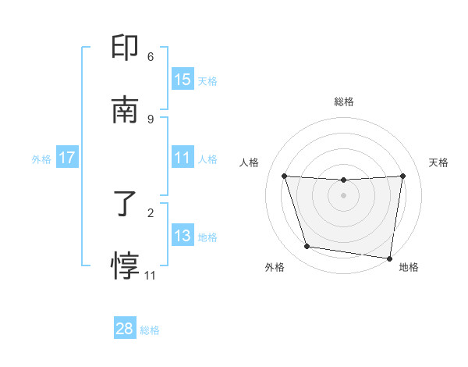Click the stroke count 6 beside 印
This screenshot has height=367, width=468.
151,57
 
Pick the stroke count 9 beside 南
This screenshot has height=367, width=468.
151,119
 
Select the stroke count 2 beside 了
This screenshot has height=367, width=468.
151,212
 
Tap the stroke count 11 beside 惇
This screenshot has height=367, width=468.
151,275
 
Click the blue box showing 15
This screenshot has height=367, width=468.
183,80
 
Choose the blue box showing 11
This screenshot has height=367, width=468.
183,158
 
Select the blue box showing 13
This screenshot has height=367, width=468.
183,236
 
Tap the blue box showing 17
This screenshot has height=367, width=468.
67,158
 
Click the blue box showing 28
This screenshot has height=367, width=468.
125,329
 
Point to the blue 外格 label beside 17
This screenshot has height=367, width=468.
41,159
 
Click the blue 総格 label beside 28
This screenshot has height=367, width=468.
150,330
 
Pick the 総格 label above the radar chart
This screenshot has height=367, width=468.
343,102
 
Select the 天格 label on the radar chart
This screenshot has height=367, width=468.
438,162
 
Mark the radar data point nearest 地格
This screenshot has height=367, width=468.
390,258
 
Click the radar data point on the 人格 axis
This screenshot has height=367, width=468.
285,176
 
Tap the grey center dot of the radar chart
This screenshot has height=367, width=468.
343,195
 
